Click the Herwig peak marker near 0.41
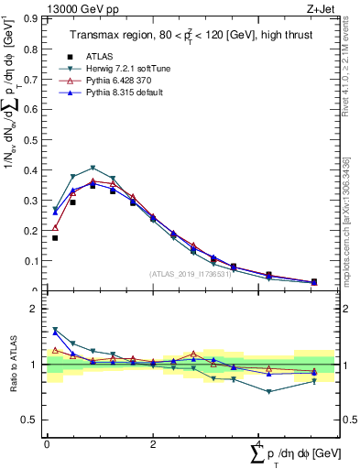pyautogui.click(x=93, y=168)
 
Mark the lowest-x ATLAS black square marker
pyautogui.click(x=55, y=238)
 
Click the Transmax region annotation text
pyautogui.click(x=191, y=36)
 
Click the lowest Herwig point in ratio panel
pyautogui.click(x=269, y=391)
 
